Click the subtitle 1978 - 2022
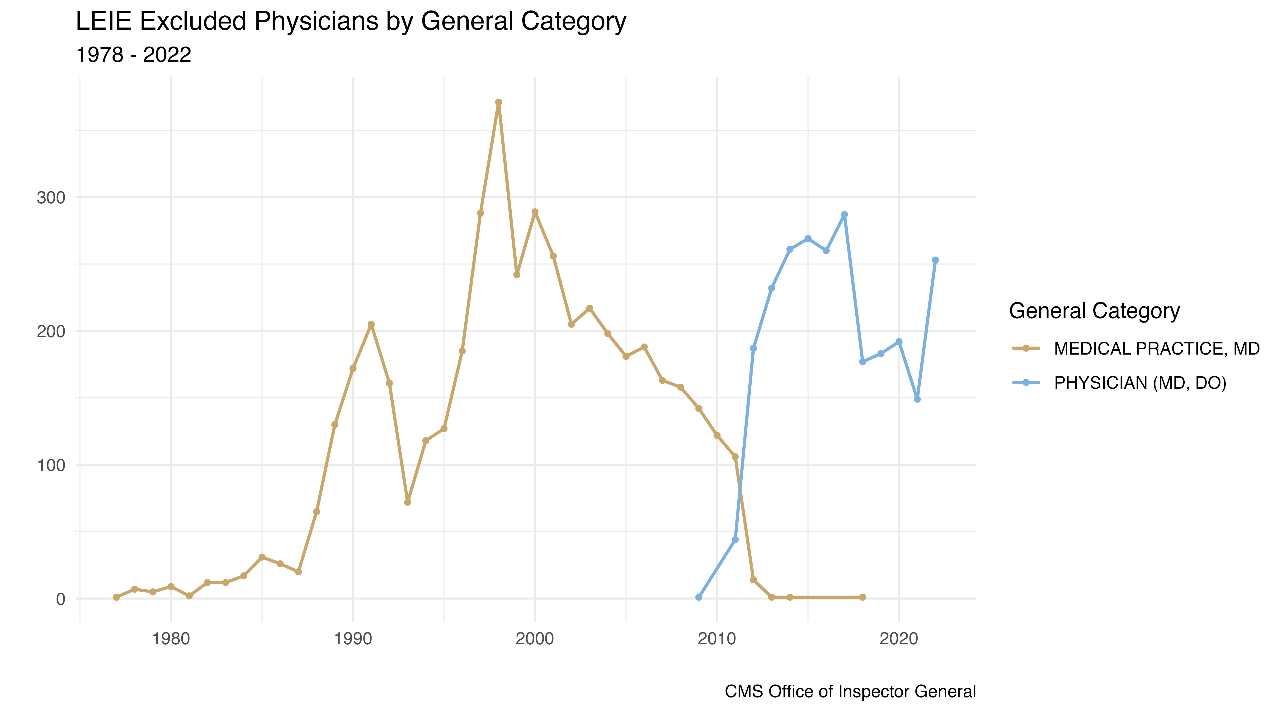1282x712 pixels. [133, 55]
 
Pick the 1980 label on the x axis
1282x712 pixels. [171, 638]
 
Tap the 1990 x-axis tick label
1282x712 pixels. [353, 638]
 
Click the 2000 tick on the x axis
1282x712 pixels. [535, 638]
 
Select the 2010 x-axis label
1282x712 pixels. [717, 638]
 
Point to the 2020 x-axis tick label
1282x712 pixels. [899, 638]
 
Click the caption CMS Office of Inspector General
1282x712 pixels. [850, 692]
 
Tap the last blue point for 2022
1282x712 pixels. [935, 260]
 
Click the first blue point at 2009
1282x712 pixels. [699, 597]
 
